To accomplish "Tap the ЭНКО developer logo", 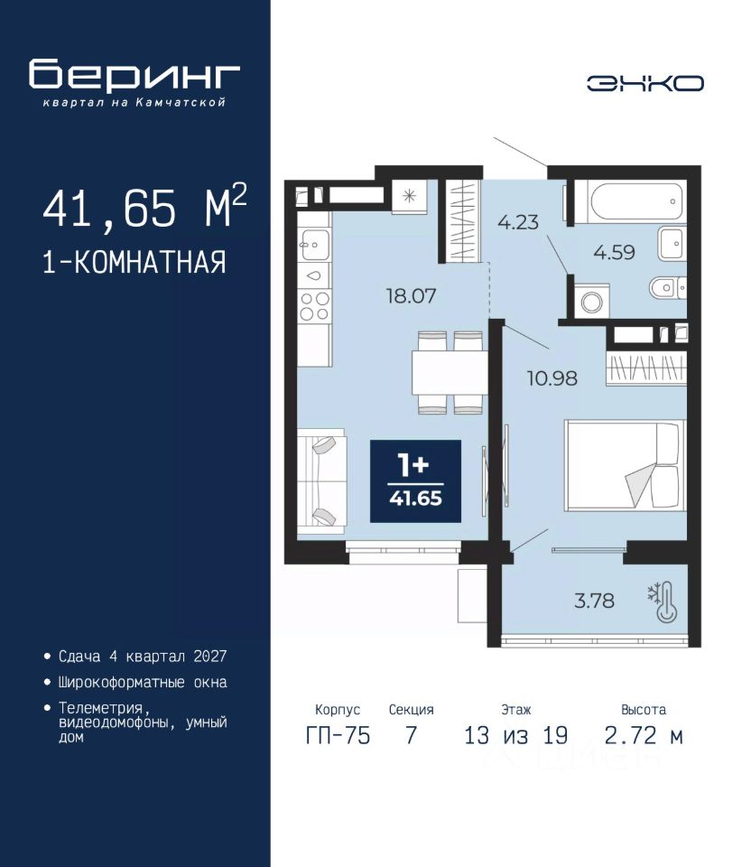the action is tap(644, 83).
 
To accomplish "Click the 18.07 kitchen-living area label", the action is tap(411, 296).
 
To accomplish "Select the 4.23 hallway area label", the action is tap(518, 222).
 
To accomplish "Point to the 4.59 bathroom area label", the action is tap(614, 252).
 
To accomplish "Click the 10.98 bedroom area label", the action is tap(552, 378).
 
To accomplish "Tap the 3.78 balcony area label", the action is tap(594, 600).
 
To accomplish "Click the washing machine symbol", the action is tap(592, 302).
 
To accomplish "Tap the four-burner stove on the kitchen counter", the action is tap(314, 306).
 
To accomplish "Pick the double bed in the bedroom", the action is tap(625, 465).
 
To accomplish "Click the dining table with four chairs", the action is tap(450, 372).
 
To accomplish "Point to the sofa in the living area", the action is tap(321, 481).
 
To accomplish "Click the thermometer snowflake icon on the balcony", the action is tap(663, 601).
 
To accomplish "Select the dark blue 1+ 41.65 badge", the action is tap(415, 481).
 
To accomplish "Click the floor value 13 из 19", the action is tap(515, 735).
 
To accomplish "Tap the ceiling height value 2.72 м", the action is tap(644, 735).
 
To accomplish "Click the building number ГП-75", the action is tap(338, 735).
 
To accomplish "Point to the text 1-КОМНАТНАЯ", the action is tap(134, 262).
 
